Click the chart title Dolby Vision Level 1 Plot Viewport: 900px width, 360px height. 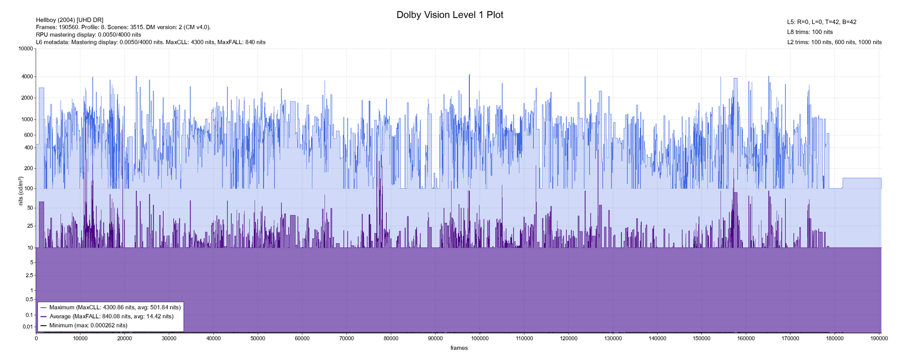(x=450, y=15)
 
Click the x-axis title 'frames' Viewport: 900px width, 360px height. (x=459, y=348)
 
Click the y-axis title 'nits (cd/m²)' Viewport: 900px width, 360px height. (x=21, y=191)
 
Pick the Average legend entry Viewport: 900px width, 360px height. (x=111, y=316)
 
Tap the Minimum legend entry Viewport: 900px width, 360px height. (x=88, y=326)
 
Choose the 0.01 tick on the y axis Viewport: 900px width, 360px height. (x=27, y=327)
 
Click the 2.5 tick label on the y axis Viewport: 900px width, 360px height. (x=29, y=276)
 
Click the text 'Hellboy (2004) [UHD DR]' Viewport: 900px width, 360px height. (x=70, y=20)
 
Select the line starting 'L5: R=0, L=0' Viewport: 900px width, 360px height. (x=822, y=22)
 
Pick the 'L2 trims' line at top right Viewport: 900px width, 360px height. (x=834, y=42)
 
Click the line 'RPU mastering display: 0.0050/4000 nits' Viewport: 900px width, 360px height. (x=88, y=35)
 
